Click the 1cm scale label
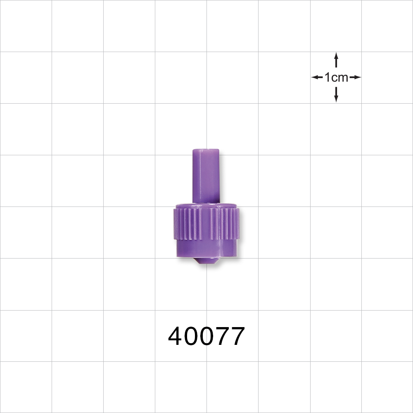pos(336,77)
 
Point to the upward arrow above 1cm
pos(336,60)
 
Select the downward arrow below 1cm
pos(336,94)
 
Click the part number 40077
pos(206,336)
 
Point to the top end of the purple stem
pos(206,151)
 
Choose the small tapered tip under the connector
pos(206,261)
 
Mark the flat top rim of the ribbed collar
pos(206,205)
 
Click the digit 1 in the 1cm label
pos(327,77)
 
